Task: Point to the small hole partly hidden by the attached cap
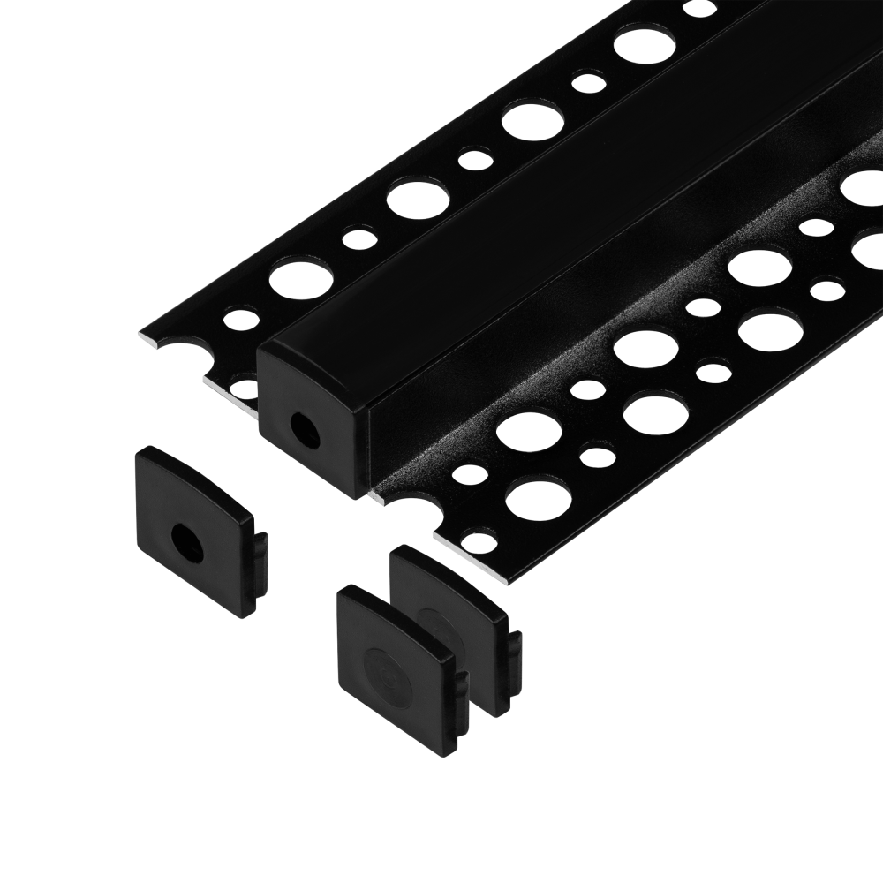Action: coord(245,387)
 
